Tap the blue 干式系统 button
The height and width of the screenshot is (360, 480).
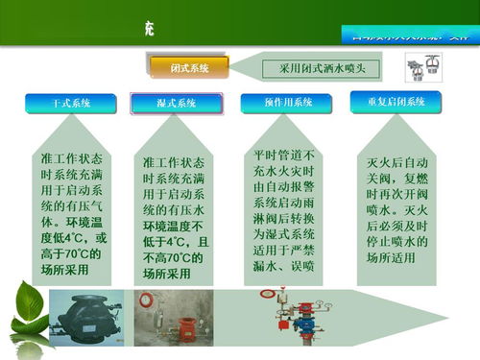click(70, 103)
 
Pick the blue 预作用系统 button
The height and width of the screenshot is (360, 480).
click(289, 103)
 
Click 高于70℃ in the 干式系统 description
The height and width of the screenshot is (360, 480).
click(60, 254)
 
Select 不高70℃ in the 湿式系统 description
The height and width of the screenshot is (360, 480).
click(172, 257)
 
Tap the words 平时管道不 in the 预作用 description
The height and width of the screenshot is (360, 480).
click(289, 155)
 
